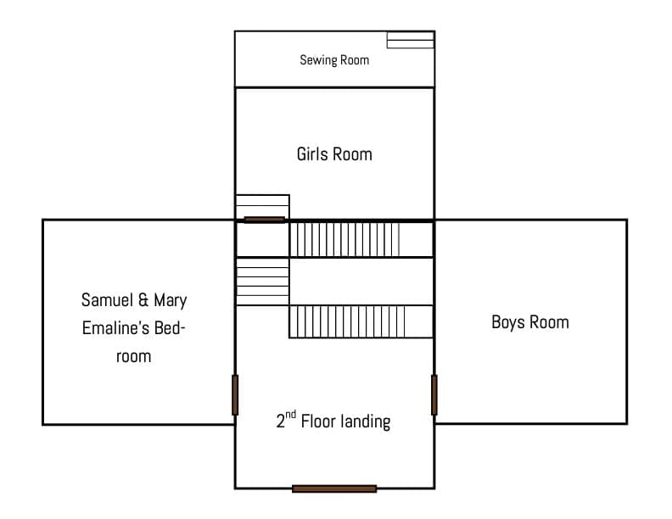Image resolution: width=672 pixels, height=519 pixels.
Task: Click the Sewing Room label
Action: (334, 60)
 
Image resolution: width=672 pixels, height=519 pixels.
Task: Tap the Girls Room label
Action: (334, 154)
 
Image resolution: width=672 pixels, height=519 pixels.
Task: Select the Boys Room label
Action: (530, 322)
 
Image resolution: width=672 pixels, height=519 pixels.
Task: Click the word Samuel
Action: (107, 299)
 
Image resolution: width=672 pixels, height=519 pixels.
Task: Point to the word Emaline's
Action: (115, 328)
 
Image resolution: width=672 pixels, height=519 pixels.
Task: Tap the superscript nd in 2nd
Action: (290, 415)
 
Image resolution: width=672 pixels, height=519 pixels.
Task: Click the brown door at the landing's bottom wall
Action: (334, 488)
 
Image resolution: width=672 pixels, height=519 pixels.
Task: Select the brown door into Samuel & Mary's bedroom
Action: (235, 395)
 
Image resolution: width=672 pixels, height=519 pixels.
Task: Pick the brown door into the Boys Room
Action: (434, 395)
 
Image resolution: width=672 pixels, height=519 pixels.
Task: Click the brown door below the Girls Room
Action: (265, 220)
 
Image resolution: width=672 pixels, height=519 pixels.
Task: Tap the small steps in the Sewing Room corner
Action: (411, 40)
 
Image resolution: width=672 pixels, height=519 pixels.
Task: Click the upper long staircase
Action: (344, 239)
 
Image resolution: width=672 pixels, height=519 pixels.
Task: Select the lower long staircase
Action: (347, 321)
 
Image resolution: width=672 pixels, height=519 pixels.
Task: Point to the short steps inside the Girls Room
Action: (262, 206)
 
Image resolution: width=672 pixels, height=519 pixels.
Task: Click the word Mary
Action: (171, 300)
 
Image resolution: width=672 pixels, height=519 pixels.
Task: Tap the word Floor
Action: (318, 421)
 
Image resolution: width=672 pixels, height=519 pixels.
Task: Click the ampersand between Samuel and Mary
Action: (143, 300)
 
